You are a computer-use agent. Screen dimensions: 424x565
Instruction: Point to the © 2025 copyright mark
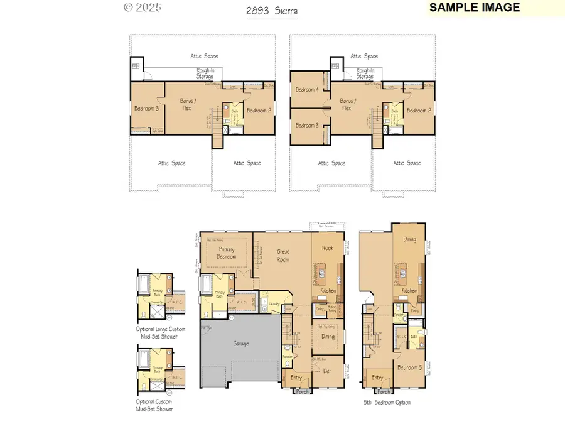click(143, 8)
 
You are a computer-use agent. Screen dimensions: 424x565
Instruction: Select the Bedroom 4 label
click(308, 90)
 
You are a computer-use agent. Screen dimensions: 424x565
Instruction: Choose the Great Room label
click(283, 255)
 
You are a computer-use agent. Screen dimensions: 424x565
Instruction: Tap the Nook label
click(328, 248)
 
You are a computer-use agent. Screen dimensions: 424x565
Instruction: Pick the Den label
click(328, 371)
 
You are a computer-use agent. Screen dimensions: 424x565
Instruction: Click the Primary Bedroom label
click(227, 253)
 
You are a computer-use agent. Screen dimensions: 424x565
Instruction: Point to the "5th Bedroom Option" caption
click(387, 402)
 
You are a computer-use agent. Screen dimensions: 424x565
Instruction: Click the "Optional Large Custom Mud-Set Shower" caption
click(157, 332)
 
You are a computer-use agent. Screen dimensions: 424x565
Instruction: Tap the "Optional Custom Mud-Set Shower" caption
click(154, 405)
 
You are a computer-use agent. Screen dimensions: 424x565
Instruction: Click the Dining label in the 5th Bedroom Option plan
click(409, 239)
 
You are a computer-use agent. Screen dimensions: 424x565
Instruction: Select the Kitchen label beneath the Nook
click(328, 290)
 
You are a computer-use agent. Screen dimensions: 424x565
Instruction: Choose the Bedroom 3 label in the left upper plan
click(146, 109)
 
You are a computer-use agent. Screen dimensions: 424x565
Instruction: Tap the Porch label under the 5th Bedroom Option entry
click(384, 391)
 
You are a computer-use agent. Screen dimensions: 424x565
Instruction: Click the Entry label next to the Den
click(296, 378)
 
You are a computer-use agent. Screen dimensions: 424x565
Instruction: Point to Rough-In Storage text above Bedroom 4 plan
click(365, 73)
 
